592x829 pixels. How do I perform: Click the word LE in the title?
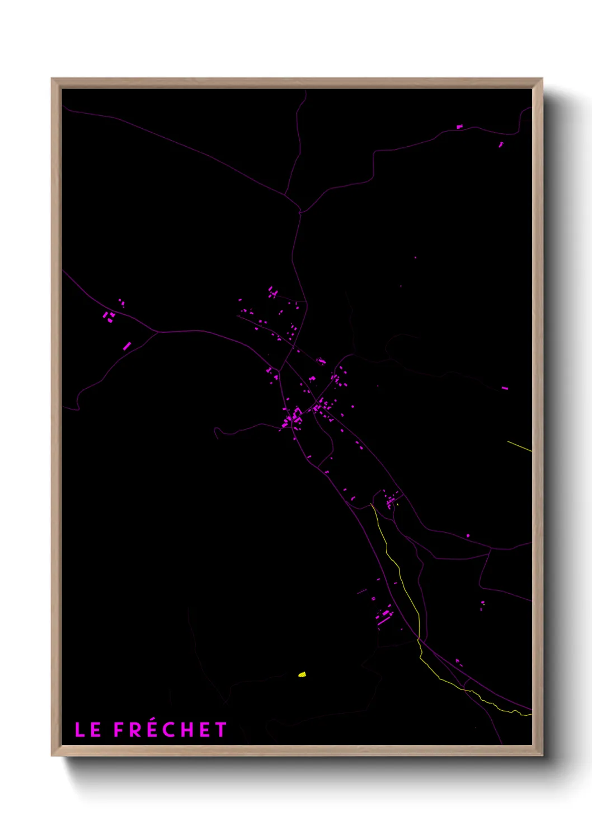tap(88, 730)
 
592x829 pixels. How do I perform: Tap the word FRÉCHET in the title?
tap(170, 730)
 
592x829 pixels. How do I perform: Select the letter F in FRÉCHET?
tap(119, 730)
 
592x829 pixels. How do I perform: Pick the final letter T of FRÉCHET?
tap(221, 730)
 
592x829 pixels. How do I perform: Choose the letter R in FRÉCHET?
tap(136, 730)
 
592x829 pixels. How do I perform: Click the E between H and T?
tap(205, 730)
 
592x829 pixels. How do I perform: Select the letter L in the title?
tap(80, 730)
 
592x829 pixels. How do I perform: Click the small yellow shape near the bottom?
tap(302, 674)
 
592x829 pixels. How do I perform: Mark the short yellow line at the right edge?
tap(519, 446)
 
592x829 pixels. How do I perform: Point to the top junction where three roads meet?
tap(300, 212)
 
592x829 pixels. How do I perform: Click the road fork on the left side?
tap(157, 332)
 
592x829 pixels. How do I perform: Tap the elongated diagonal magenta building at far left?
tap(127, 346)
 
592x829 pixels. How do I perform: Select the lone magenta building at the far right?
tap(505, 388)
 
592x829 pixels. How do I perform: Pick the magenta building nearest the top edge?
tap(459, 127)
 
